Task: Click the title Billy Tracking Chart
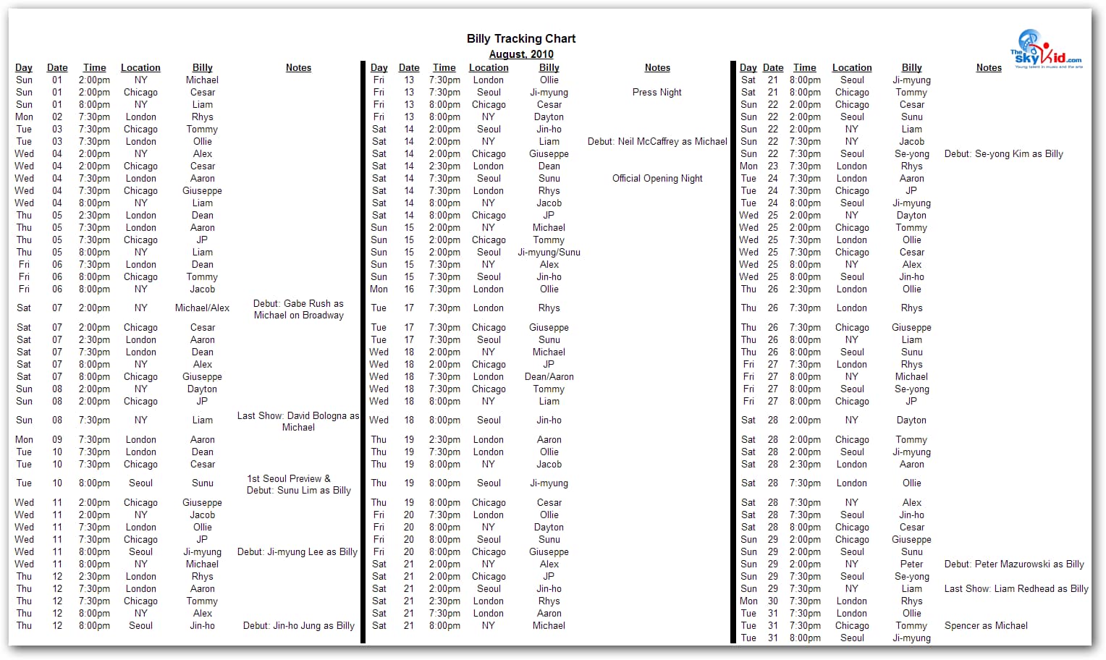pos(521,38)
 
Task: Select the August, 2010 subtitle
pos(521,54)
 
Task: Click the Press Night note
pos(657,93)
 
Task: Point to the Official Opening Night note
pos(657,179)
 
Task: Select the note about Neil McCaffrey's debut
pos(657,142)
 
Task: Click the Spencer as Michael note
pos(986,626)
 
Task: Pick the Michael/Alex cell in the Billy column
pos(202,308)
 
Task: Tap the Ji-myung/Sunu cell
pos(549,253)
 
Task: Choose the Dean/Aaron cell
pos(549,377)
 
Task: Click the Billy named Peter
pos(911,564)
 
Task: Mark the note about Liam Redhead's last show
pos(1016,589)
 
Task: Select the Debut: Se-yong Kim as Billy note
pos(1003,154)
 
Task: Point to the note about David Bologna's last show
pos(298,422)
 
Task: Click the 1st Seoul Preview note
pos(298,485)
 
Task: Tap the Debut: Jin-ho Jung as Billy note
pos(298,626)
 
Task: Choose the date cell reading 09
pos(57,440)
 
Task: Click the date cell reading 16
pos(409,289)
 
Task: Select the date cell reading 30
pos(773,601)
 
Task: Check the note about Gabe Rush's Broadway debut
pos(298,310)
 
